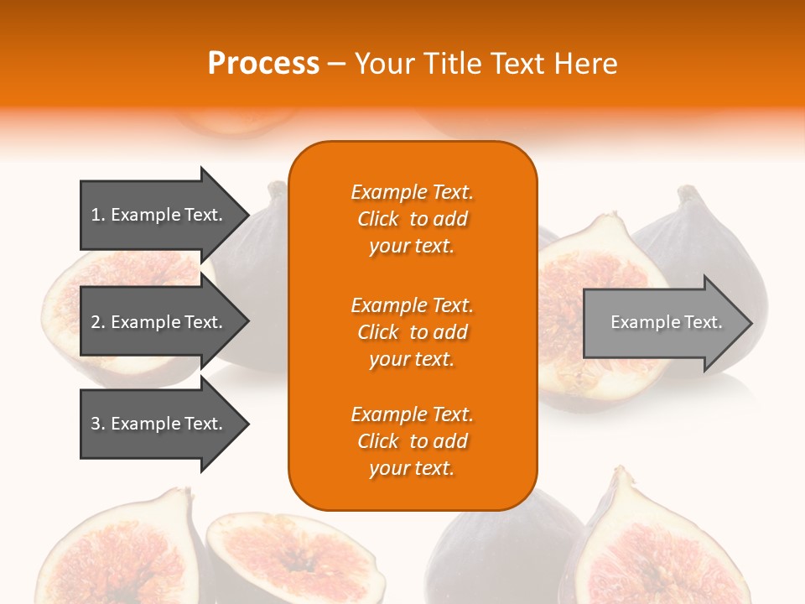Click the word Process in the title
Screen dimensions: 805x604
pos(263,63)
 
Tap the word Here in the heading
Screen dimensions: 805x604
pos(584,63)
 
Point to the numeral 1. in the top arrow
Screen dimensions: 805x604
pos(98,215)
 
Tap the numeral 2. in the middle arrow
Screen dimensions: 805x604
pos(98,322)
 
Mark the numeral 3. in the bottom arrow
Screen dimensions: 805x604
pos(98,424)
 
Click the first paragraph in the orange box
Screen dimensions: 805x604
pos(412,219)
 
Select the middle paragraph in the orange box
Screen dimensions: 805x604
pos(412,332)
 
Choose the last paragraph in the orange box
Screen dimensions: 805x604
pos(412,441)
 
